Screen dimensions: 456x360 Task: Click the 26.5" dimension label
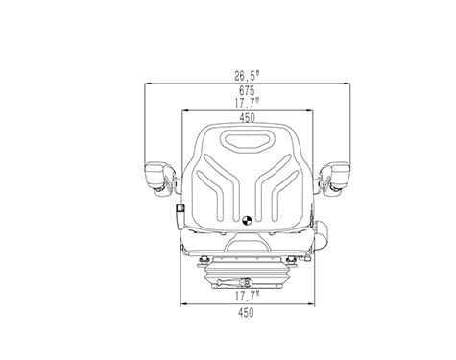point(247,76)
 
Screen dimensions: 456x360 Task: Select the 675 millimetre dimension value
point(247,91)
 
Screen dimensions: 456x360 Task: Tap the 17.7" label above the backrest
point(247,103)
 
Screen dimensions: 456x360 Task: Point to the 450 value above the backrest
point(248,118)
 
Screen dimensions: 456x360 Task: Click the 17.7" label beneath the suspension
point(247,296)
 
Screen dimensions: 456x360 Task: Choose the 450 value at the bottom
point(246,313)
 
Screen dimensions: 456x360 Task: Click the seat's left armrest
point(160,179)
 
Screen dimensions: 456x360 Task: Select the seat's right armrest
point(334,179)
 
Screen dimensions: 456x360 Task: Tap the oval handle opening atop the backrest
point(247,140)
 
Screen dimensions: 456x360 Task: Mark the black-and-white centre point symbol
point(247,220)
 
